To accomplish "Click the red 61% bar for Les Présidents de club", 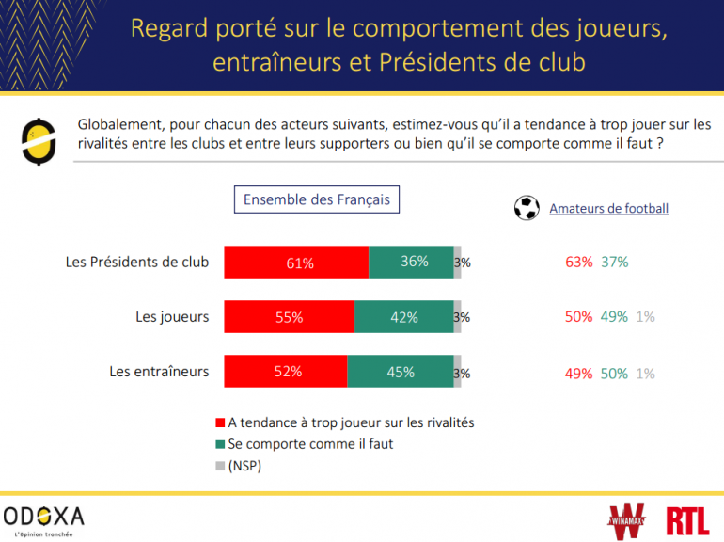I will coord(296,263).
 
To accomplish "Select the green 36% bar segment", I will coord(411,263).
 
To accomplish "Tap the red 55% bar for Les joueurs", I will coord(289,317).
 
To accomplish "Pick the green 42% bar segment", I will coord(403,317).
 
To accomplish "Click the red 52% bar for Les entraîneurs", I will coord(286,372).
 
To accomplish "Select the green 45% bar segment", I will coord(401,372).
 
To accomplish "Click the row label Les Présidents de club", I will coord(137,263).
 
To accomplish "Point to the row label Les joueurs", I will coord(172,317).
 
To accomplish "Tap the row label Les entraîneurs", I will coord(159,372).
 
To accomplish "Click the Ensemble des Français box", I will coord(316,199).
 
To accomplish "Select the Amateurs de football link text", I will coord(608,209).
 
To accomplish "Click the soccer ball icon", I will coord(527,208).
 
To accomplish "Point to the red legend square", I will coord(221,423).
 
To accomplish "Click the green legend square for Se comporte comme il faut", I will coord(221,445).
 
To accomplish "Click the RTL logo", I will coord(687,520).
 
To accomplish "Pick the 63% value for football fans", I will coord(578,263).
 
